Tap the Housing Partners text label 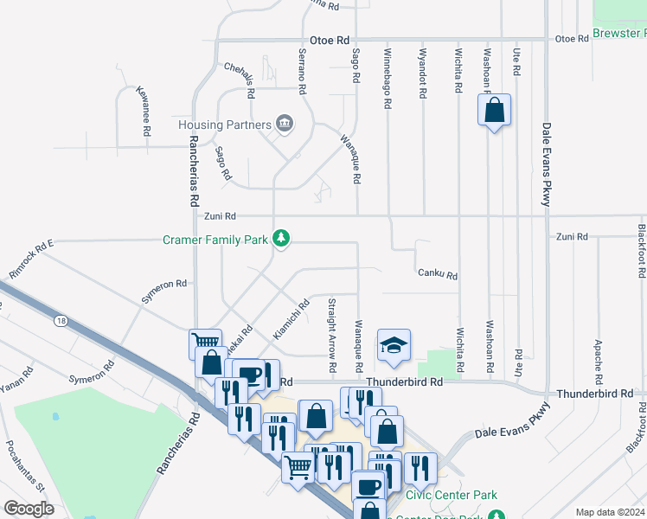(225, 125)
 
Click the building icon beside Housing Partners (284, 125)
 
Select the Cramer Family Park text (215, 239)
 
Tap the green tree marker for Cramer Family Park (280, 238)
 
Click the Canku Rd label (437, 274)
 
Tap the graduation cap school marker (394, 346)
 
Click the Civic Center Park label (452, 496)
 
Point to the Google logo (29, 509)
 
